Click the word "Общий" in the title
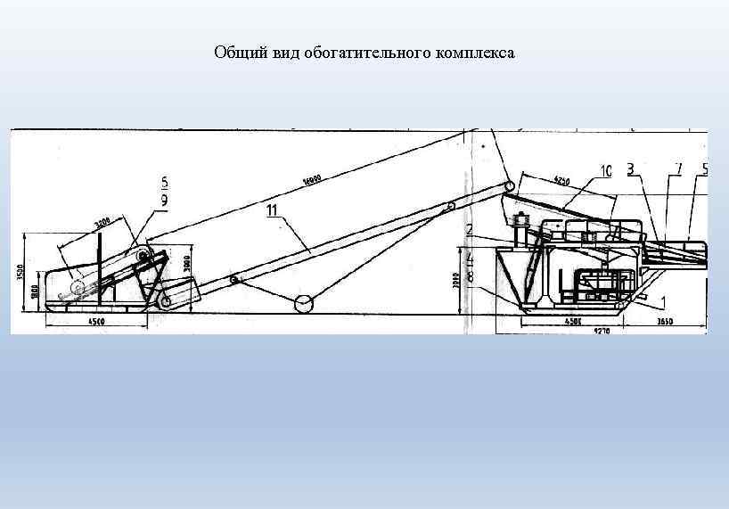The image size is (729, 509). click(x=233, y=53)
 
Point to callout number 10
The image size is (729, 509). click(x=606, y=169)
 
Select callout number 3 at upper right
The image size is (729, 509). click(x=630, y=168)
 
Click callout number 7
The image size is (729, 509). click(x=678, y=168)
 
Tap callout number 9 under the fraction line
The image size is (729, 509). click(x=163, y=201)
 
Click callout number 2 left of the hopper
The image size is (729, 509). click(x=469, y=230)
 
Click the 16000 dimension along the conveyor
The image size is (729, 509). click(x=310, y=181)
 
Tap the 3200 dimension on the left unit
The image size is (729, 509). click(x=102, y=223)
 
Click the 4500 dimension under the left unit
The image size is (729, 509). click(x=96, y=321)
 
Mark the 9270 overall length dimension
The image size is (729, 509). click(x=602, y=331)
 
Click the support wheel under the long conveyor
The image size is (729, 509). click(x=303, y=304)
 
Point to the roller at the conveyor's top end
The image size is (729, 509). click(x=510, y=186)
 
